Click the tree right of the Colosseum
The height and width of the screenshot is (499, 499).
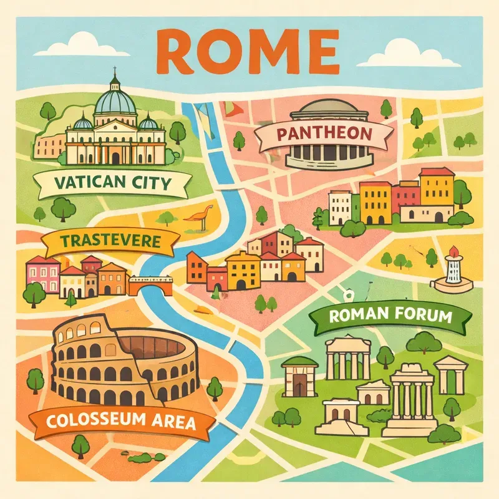click(x=215, y=387)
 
